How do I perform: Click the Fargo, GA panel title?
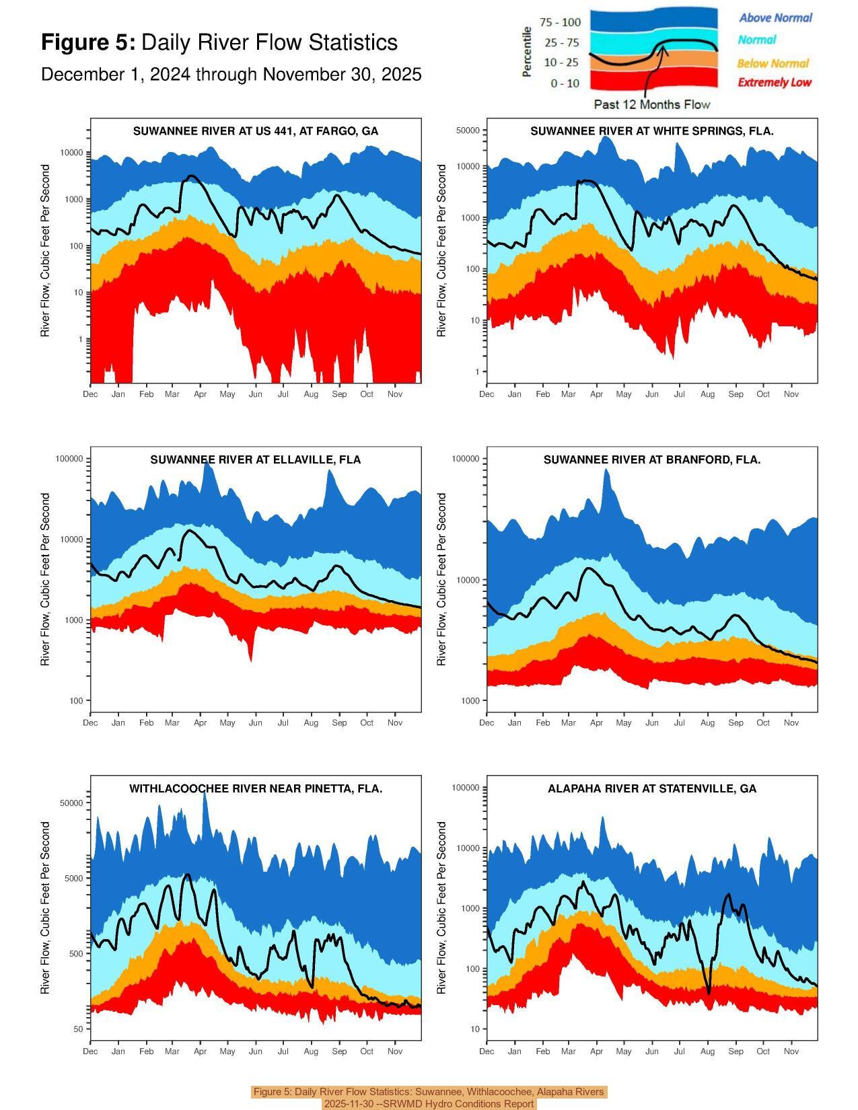point(256,131)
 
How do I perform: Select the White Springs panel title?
point(651,131)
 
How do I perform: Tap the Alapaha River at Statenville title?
point(651,788)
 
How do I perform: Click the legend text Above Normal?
point(775,18)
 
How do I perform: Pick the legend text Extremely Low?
point(775,83)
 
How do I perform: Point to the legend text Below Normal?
point(773,63)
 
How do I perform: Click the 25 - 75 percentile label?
point(561,43)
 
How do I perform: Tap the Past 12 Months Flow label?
point(651,104)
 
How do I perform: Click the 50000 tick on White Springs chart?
point(468,131)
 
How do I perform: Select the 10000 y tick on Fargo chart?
point(71,153)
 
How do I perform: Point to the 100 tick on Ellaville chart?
point(75,701)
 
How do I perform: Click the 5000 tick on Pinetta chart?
point(73,879)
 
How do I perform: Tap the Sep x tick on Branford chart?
point(736,723)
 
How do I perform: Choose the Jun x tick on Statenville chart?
point(651,1051)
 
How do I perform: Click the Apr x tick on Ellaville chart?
point(200,723)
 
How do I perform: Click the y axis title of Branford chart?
point(441,579)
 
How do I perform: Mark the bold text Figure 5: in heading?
point(88,42)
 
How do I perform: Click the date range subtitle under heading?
point(231,75)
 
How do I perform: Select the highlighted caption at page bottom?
point(429,1098)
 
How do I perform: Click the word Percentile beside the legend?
point(528,52)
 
